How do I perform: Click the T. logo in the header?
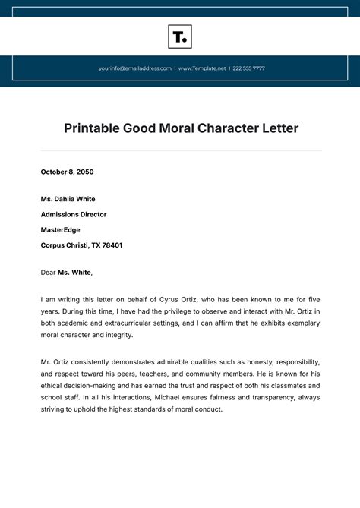click(180, 36)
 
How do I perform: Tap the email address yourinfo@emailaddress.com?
click(135, 68)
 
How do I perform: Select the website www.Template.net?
click(202, 68)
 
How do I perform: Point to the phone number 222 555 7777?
click(250, 68)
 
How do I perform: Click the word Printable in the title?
click(90, 128)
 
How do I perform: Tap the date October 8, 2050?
click(67, 172)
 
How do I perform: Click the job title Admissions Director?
click(74, 214)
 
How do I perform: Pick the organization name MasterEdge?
click(60, 229)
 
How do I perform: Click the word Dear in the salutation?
click(48, 272)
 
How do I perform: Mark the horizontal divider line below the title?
click(180, 150)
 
